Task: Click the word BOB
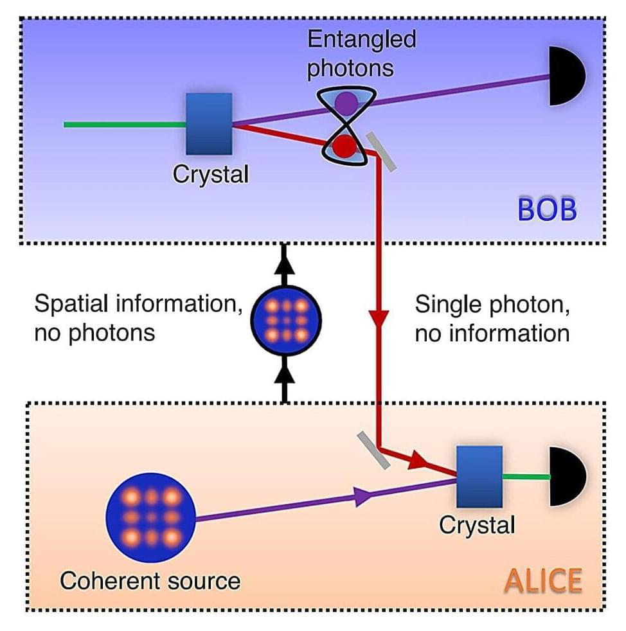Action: [x=547, y=210]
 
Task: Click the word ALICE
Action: [x=543, y=581]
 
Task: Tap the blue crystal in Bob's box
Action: [x=209, y=123]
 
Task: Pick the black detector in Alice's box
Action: [x=568, y=476]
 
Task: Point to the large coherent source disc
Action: [x=151, y=517]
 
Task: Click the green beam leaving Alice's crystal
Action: [x=526, y=477]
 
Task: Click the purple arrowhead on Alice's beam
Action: [x=361, y=495]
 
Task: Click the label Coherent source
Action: [x=150, y=582]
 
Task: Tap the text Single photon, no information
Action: [x=492, y=318]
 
